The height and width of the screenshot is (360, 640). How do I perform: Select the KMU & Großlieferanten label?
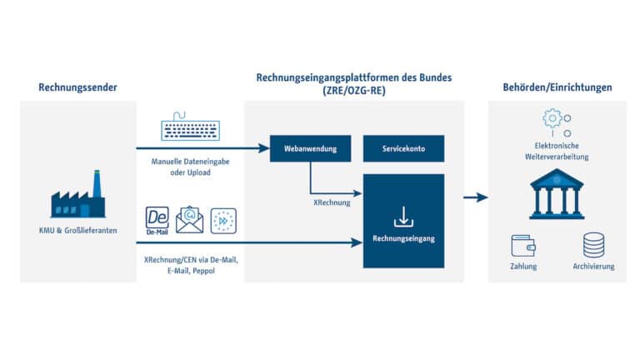pyautogui.click(x=77, y=230)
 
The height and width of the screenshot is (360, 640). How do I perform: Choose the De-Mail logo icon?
pyautogui.click(x=157, y=219)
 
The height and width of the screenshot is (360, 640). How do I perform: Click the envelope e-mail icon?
pyautogui.click(x=190, y=219)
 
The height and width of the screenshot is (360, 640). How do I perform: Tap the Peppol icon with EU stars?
pyautogui.click(x=222, y=220)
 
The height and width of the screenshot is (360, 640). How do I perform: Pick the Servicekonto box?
pyautogui.click(x=403, y=150)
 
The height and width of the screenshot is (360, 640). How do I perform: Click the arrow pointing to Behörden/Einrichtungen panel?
pyautogui.click(x=475, y=197)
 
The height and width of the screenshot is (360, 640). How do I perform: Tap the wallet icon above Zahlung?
pyautogui.click(x=522, y=244)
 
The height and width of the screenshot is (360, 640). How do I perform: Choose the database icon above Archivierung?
pyautogui.click(x=593, y=244)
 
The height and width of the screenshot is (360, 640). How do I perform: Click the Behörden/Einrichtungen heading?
pyautogui.click(x=557, y=87)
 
